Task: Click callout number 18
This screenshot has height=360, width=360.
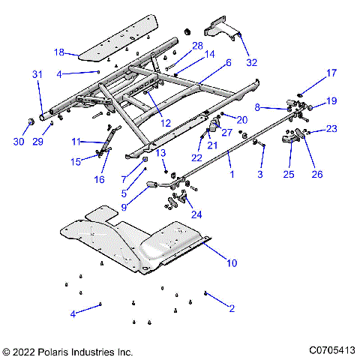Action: click(x=59, y=52)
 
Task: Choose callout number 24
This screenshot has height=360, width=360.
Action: click(x=196, y=214)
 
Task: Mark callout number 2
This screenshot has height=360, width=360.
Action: click(x=232, y=307)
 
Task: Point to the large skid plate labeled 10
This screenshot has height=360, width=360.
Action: click(x=135, y=240)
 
